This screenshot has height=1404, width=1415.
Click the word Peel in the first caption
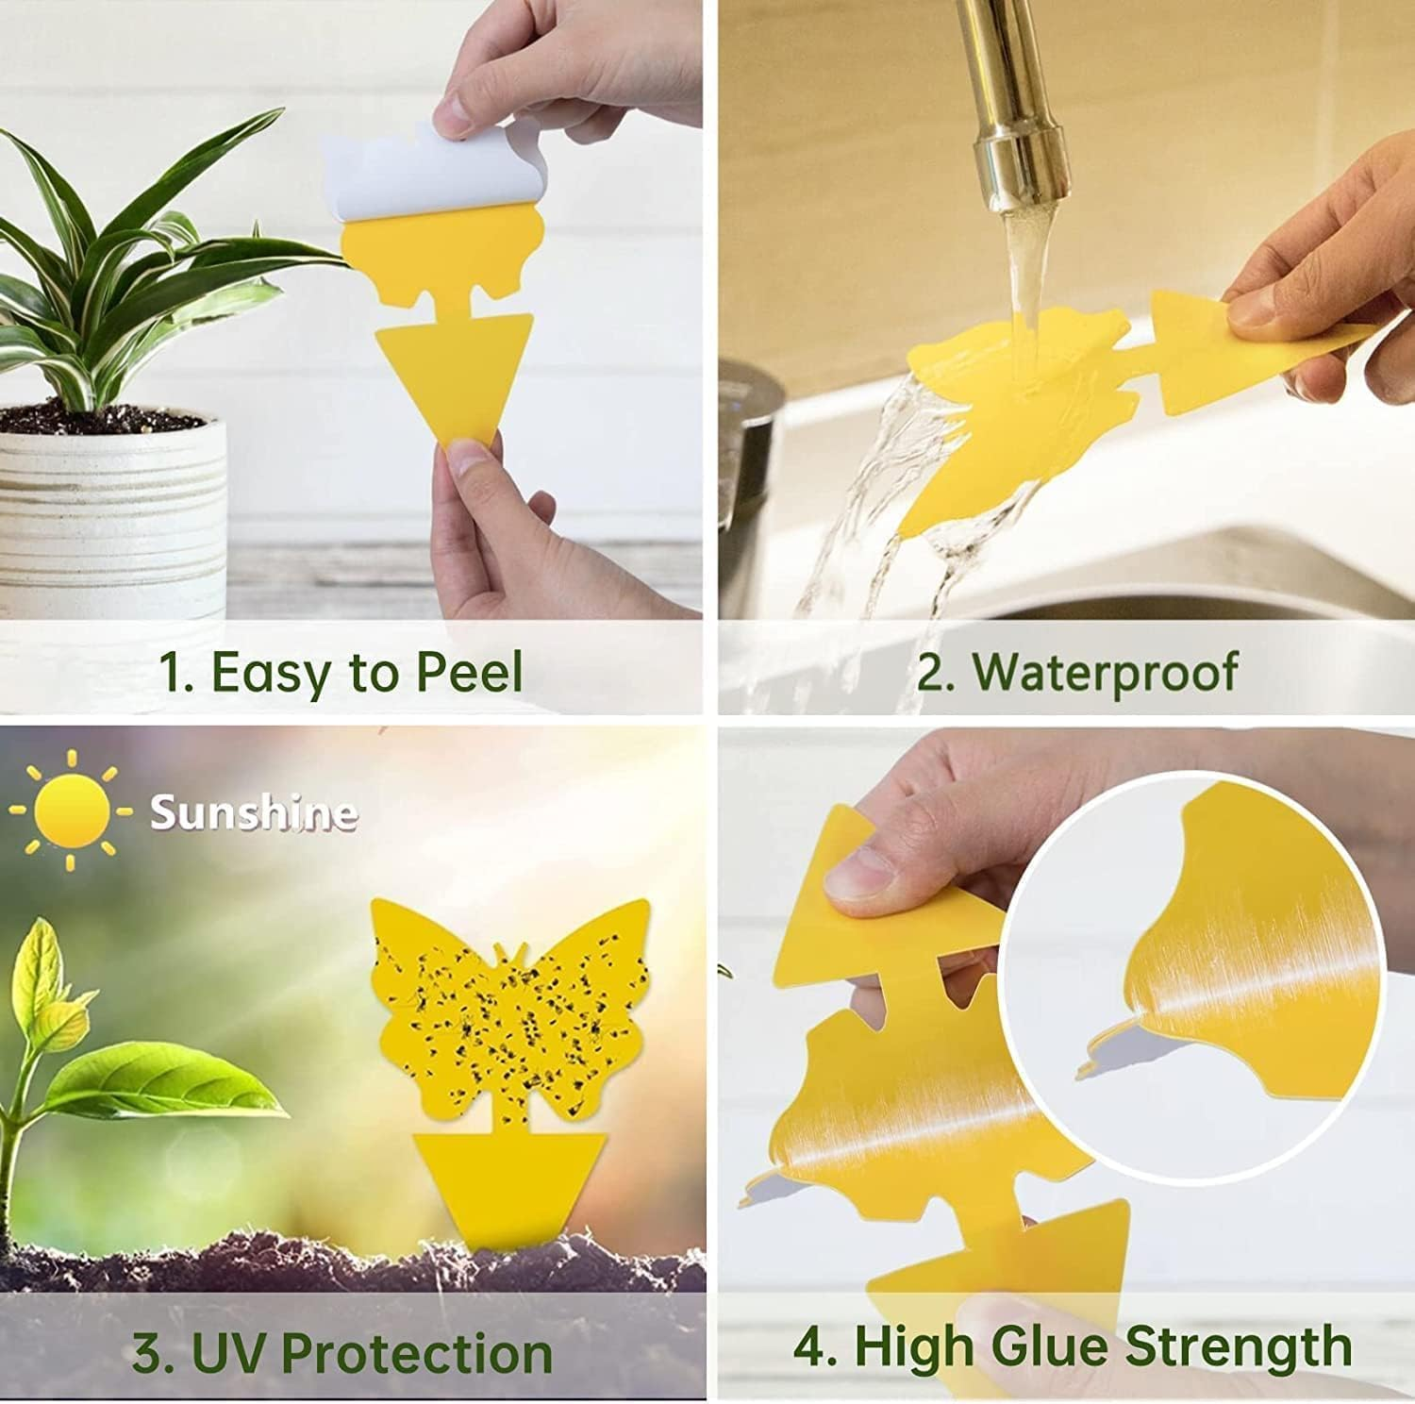tap(469, 673)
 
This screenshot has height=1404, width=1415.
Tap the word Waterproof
tap(1105, 673)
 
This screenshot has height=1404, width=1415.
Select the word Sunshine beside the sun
tap(254, 812)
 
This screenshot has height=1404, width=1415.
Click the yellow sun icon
tap(71, 812)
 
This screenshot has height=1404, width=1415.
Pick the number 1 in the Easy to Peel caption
tap(173, 674)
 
